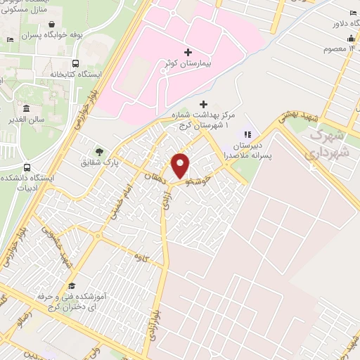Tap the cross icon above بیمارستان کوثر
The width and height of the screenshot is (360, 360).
coord(187,52)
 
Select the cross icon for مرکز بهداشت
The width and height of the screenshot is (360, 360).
coord(204,104)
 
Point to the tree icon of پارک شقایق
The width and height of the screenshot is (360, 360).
coord(99,150)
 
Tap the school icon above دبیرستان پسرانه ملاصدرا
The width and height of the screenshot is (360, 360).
coord(247,134)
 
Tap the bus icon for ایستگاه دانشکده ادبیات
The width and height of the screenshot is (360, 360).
coord(27,168)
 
